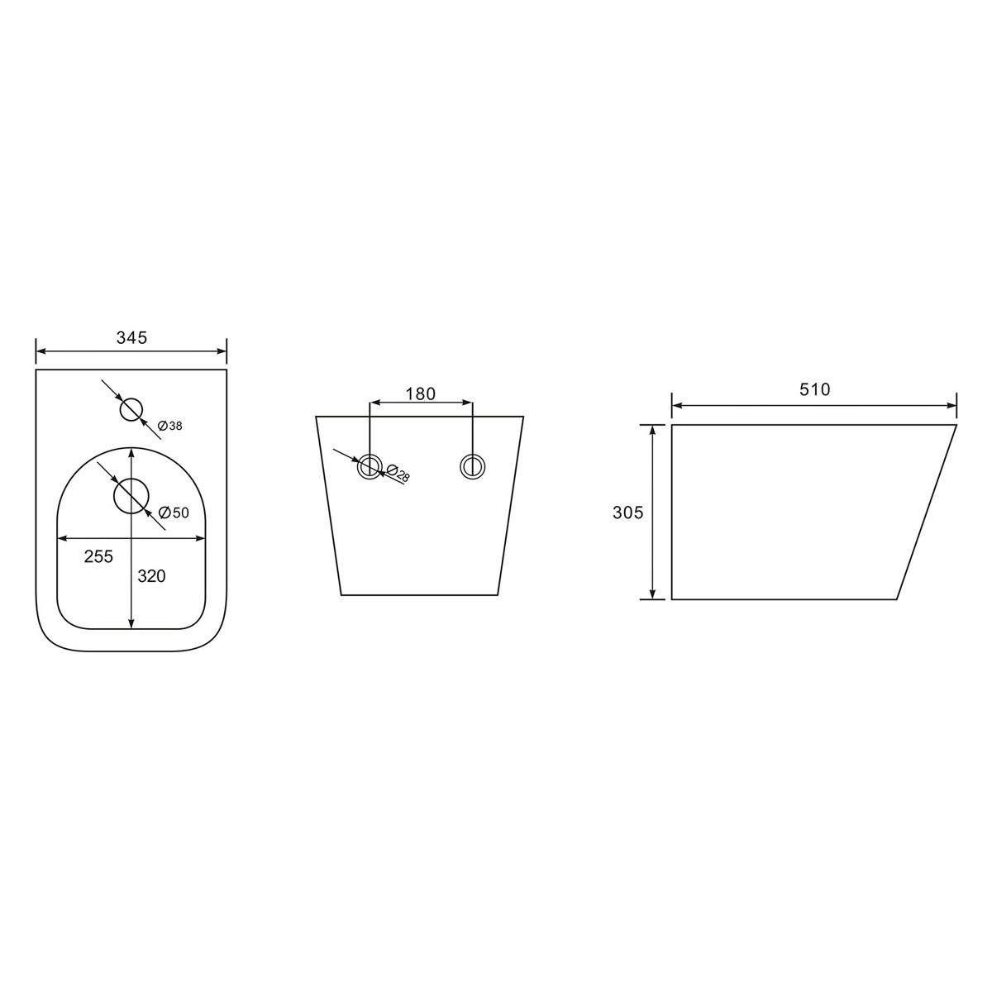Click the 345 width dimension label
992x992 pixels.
pos(131,338)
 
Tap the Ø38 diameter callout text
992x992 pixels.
pos(170,426)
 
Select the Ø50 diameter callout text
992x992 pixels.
pos(174,513)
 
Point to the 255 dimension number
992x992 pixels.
pos(98,556)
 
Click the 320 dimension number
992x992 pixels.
pos(151,576)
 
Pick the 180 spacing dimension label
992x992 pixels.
pos(421,393)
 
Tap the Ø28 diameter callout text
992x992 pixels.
pos(397,473)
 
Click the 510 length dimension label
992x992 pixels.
pos(815,389)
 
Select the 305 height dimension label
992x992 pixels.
pos(628,513)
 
